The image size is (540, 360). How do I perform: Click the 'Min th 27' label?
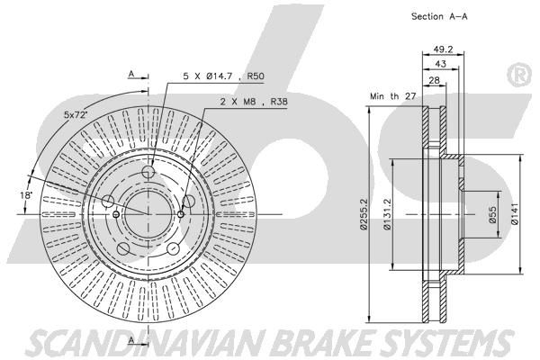[x=388, y=94]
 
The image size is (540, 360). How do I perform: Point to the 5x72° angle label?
[x=76, y=116]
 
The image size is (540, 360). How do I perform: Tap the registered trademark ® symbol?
[x=519, y=76]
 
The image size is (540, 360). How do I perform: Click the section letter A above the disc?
[x=131, y=74]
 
